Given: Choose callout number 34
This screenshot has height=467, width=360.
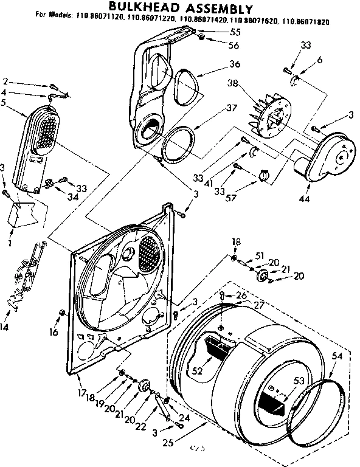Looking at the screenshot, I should (x=73, y=196).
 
